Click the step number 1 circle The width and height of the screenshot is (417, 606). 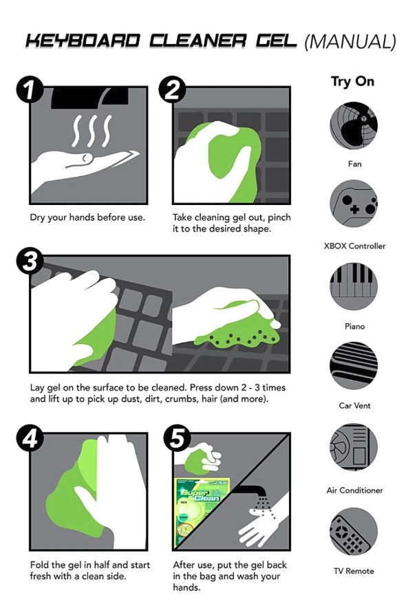[x=30, y=89]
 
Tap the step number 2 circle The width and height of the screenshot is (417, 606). [x=172, y=89]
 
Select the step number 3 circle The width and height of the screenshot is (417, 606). [x=30, y=261]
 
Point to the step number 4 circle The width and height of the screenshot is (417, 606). [x=30, y=439]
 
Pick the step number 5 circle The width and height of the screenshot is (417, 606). [x=177, y=439]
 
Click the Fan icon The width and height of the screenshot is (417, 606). [x=354, y=126]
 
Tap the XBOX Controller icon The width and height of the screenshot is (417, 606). [x=354, y=204]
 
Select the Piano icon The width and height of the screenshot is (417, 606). [x=354, y=286]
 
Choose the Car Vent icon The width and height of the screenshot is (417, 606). [x=354, y=366]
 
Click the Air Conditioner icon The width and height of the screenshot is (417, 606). [x=354, y=447]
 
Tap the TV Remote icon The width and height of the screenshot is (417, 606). [x=354, y=532]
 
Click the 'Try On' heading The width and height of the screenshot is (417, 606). [x=352, y=82]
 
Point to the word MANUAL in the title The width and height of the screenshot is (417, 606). [x=350, y=42]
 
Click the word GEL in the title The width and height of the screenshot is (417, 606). [x=277, y=41]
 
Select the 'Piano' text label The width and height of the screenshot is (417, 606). [x=355, y=327]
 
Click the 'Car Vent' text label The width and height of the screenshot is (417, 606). [x=355, y=406]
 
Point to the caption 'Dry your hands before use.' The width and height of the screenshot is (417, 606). [x=87, y=217]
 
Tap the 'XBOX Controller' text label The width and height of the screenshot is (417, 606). [x=355, y=246]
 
